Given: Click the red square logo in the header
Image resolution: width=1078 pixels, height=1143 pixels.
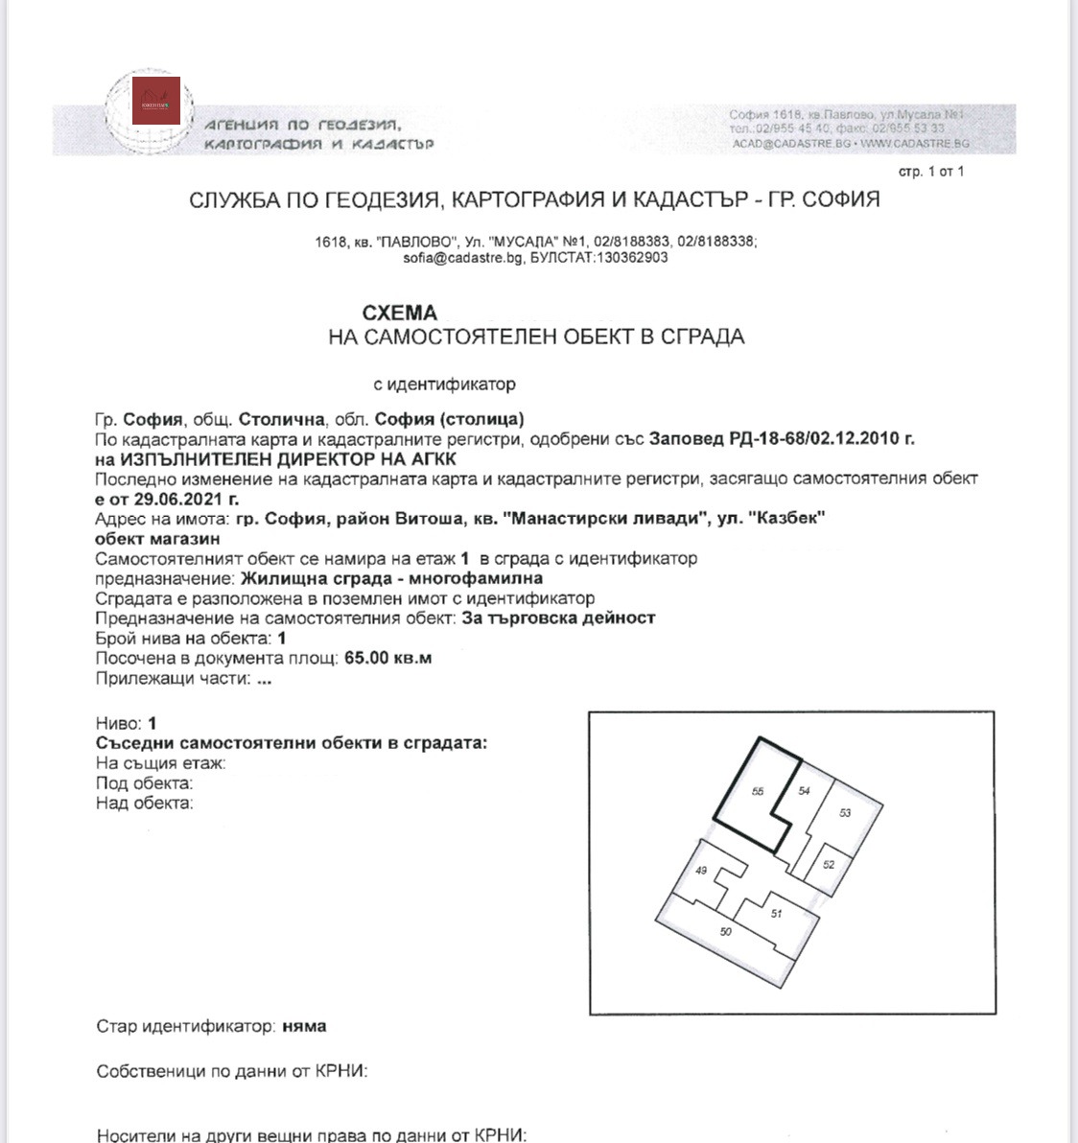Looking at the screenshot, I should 156,100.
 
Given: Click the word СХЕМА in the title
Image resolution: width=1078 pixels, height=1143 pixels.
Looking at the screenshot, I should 399,313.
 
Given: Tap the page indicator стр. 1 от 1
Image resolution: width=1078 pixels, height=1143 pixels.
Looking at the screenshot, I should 930,172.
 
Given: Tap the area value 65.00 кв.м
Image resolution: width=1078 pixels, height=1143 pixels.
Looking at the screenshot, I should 387,658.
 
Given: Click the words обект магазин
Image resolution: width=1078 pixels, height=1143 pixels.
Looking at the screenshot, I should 157,539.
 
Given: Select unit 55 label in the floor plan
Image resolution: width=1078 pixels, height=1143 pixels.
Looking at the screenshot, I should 758,791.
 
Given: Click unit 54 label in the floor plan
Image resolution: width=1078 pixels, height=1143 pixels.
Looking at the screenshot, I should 804,790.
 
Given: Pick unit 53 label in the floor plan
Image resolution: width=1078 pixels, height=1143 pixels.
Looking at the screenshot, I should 844,813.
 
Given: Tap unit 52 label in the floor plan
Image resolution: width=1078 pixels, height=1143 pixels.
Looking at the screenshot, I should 829,864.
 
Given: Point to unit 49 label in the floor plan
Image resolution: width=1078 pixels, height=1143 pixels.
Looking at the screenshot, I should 701,871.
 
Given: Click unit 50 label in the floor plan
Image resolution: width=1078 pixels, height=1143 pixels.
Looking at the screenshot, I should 725,931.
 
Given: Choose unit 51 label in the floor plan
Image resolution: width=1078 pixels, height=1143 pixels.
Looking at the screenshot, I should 776,914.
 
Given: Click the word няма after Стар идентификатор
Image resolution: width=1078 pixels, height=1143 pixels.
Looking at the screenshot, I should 304,1026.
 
